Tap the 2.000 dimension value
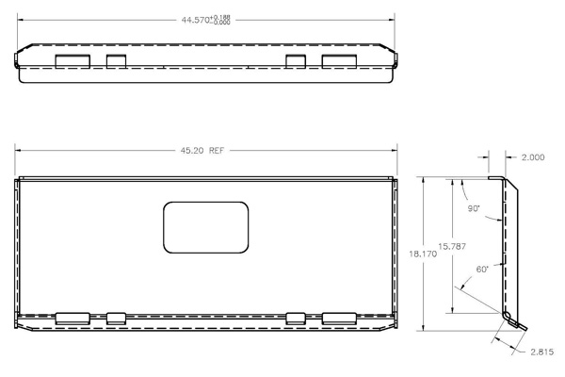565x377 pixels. (x=531, y=157)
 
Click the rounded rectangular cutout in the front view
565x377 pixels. (x=205, y=227)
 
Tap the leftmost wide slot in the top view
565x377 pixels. (x=73, y=61)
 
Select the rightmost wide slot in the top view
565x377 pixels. (x=339, y=61)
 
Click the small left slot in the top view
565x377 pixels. (x=116, y=61)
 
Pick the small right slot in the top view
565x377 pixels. (x=296, y=61)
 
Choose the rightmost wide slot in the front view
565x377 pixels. (x=339, y=317)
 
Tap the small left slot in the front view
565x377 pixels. (x=116, y=317)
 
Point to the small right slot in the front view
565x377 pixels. (x=296, y=317)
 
